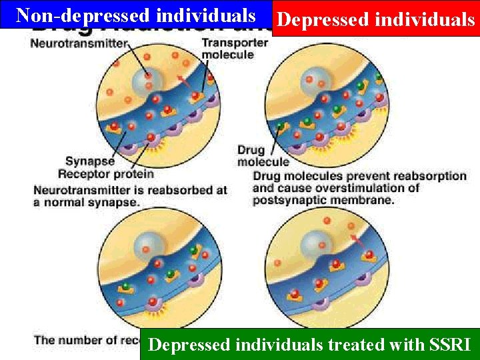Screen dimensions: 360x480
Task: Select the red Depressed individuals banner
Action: [x=375, y=19]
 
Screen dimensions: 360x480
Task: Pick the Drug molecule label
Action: [x=263, y=155]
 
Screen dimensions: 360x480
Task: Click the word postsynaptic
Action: [x=294, y=200]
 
